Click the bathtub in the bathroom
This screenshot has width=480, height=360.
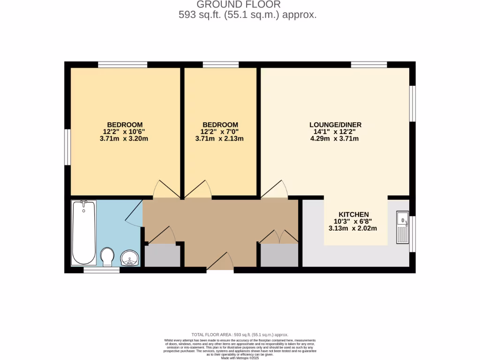[x=84, y=232]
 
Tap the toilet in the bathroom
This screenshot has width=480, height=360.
[x=107, y=256]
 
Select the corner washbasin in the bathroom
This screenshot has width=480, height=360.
[x=129, y=258]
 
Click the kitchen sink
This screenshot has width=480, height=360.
[x=402, y=228]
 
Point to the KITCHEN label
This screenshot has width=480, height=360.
[x=354, y=214]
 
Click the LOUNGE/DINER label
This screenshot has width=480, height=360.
[x=335, y=125]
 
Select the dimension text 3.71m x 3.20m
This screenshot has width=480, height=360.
[x=125, y=139]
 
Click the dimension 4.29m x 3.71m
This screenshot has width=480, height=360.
[x=335, y=139]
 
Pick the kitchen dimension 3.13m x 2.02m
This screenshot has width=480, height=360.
[x=354, y=228]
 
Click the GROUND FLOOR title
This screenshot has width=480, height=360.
[x=239, y=5]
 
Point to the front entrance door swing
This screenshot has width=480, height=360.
[x=221, y=261]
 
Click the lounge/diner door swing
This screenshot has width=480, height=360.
[x=276, y=189]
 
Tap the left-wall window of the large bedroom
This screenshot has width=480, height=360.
[x=67, y=147]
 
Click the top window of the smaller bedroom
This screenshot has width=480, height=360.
[x=220, y=65]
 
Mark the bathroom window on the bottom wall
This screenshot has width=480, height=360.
[x=102, y=270]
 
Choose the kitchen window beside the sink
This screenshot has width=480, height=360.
[x=412, y=233]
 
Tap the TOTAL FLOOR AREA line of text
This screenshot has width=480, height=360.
[x=240, y=335]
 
